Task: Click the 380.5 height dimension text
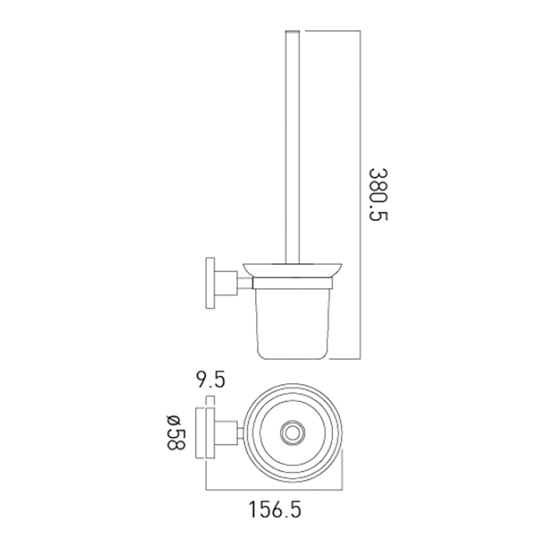click(378, 194)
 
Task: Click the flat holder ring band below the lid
click(292, 284)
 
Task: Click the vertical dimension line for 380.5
click(361, 194)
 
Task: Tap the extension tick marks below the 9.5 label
click(209, 401)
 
